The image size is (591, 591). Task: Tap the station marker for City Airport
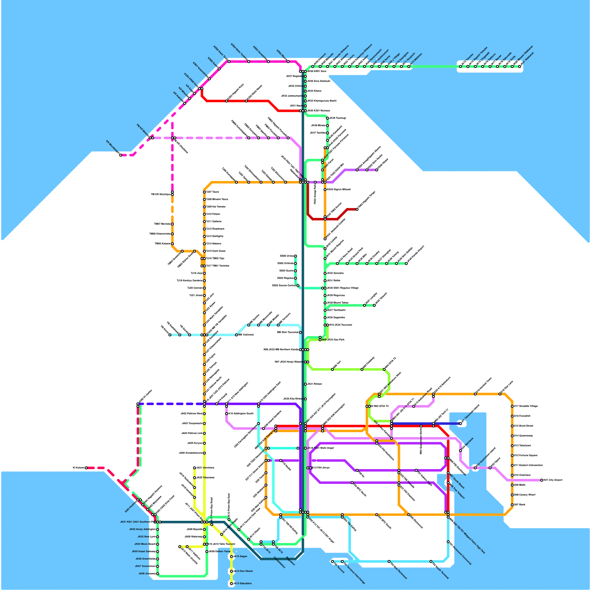(542, 480)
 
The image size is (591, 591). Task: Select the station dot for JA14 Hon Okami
(232, 571)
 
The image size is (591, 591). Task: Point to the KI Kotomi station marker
(86, 468)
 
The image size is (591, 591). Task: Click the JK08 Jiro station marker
(158, 574)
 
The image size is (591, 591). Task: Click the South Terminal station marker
(431, 561)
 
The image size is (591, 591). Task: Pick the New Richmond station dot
(389, 561)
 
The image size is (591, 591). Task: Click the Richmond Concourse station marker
(448, 542)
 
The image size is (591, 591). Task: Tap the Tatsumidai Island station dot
(461, 424)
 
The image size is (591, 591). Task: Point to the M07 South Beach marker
(448, 473)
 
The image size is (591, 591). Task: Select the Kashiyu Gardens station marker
(204, 281)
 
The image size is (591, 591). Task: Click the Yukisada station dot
(236, 335)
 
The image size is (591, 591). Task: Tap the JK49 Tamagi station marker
(328, 118)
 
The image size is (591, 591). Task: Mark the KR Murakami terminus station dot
(121, 155)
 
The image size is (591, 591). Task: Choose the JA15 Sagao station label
(241, 556)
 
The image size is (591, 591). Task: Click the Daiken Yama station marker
(207, 551)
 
